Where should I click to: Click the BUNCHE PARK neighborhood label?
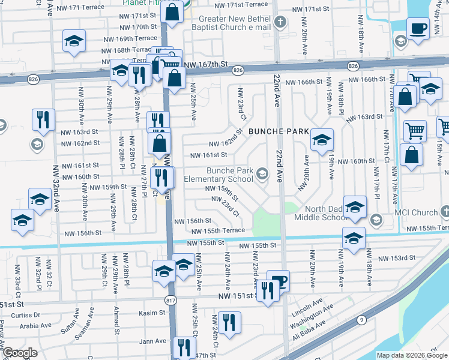(x=278, y=131)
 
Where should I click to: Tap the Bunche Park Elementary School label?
(x=230, y=175)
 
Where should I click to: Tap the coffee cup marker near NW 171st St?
(x=418, y=28)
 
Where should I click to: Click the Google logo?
(x=20, y=353)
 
